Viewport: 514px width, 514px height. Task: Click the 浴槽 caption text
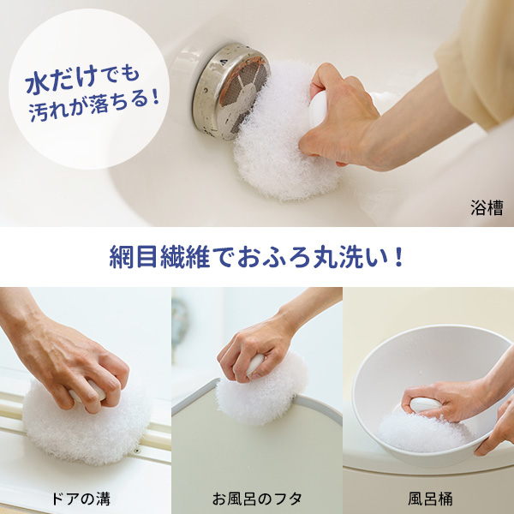(x=487, y=208)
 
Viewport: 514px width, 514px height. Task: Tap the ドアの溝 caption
(x=81, y=499)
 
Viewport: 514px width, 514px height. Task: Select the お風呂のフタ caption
(x=257, y=499)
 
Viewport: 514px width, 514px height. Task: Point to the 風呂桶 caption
(x=430, y=499)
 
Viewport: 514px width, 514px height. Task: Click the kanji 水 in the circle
(x=38, y=84)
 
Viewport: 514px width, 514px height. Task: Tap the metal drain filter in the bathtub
(x=231, y=92)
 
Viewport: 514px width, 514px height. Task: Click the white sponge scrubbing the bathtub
(x=278, y=134)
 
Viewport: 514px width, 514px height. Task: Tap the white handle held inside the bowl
(x=424, y=404)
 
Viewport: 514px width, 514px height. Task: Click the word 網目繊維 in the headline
(x=159, y=257)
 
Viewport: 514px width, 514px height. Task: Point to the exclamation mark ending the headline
(x=398, y=257)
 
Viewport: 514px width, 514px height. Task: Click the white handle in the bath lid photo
(x=254, y=364)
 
